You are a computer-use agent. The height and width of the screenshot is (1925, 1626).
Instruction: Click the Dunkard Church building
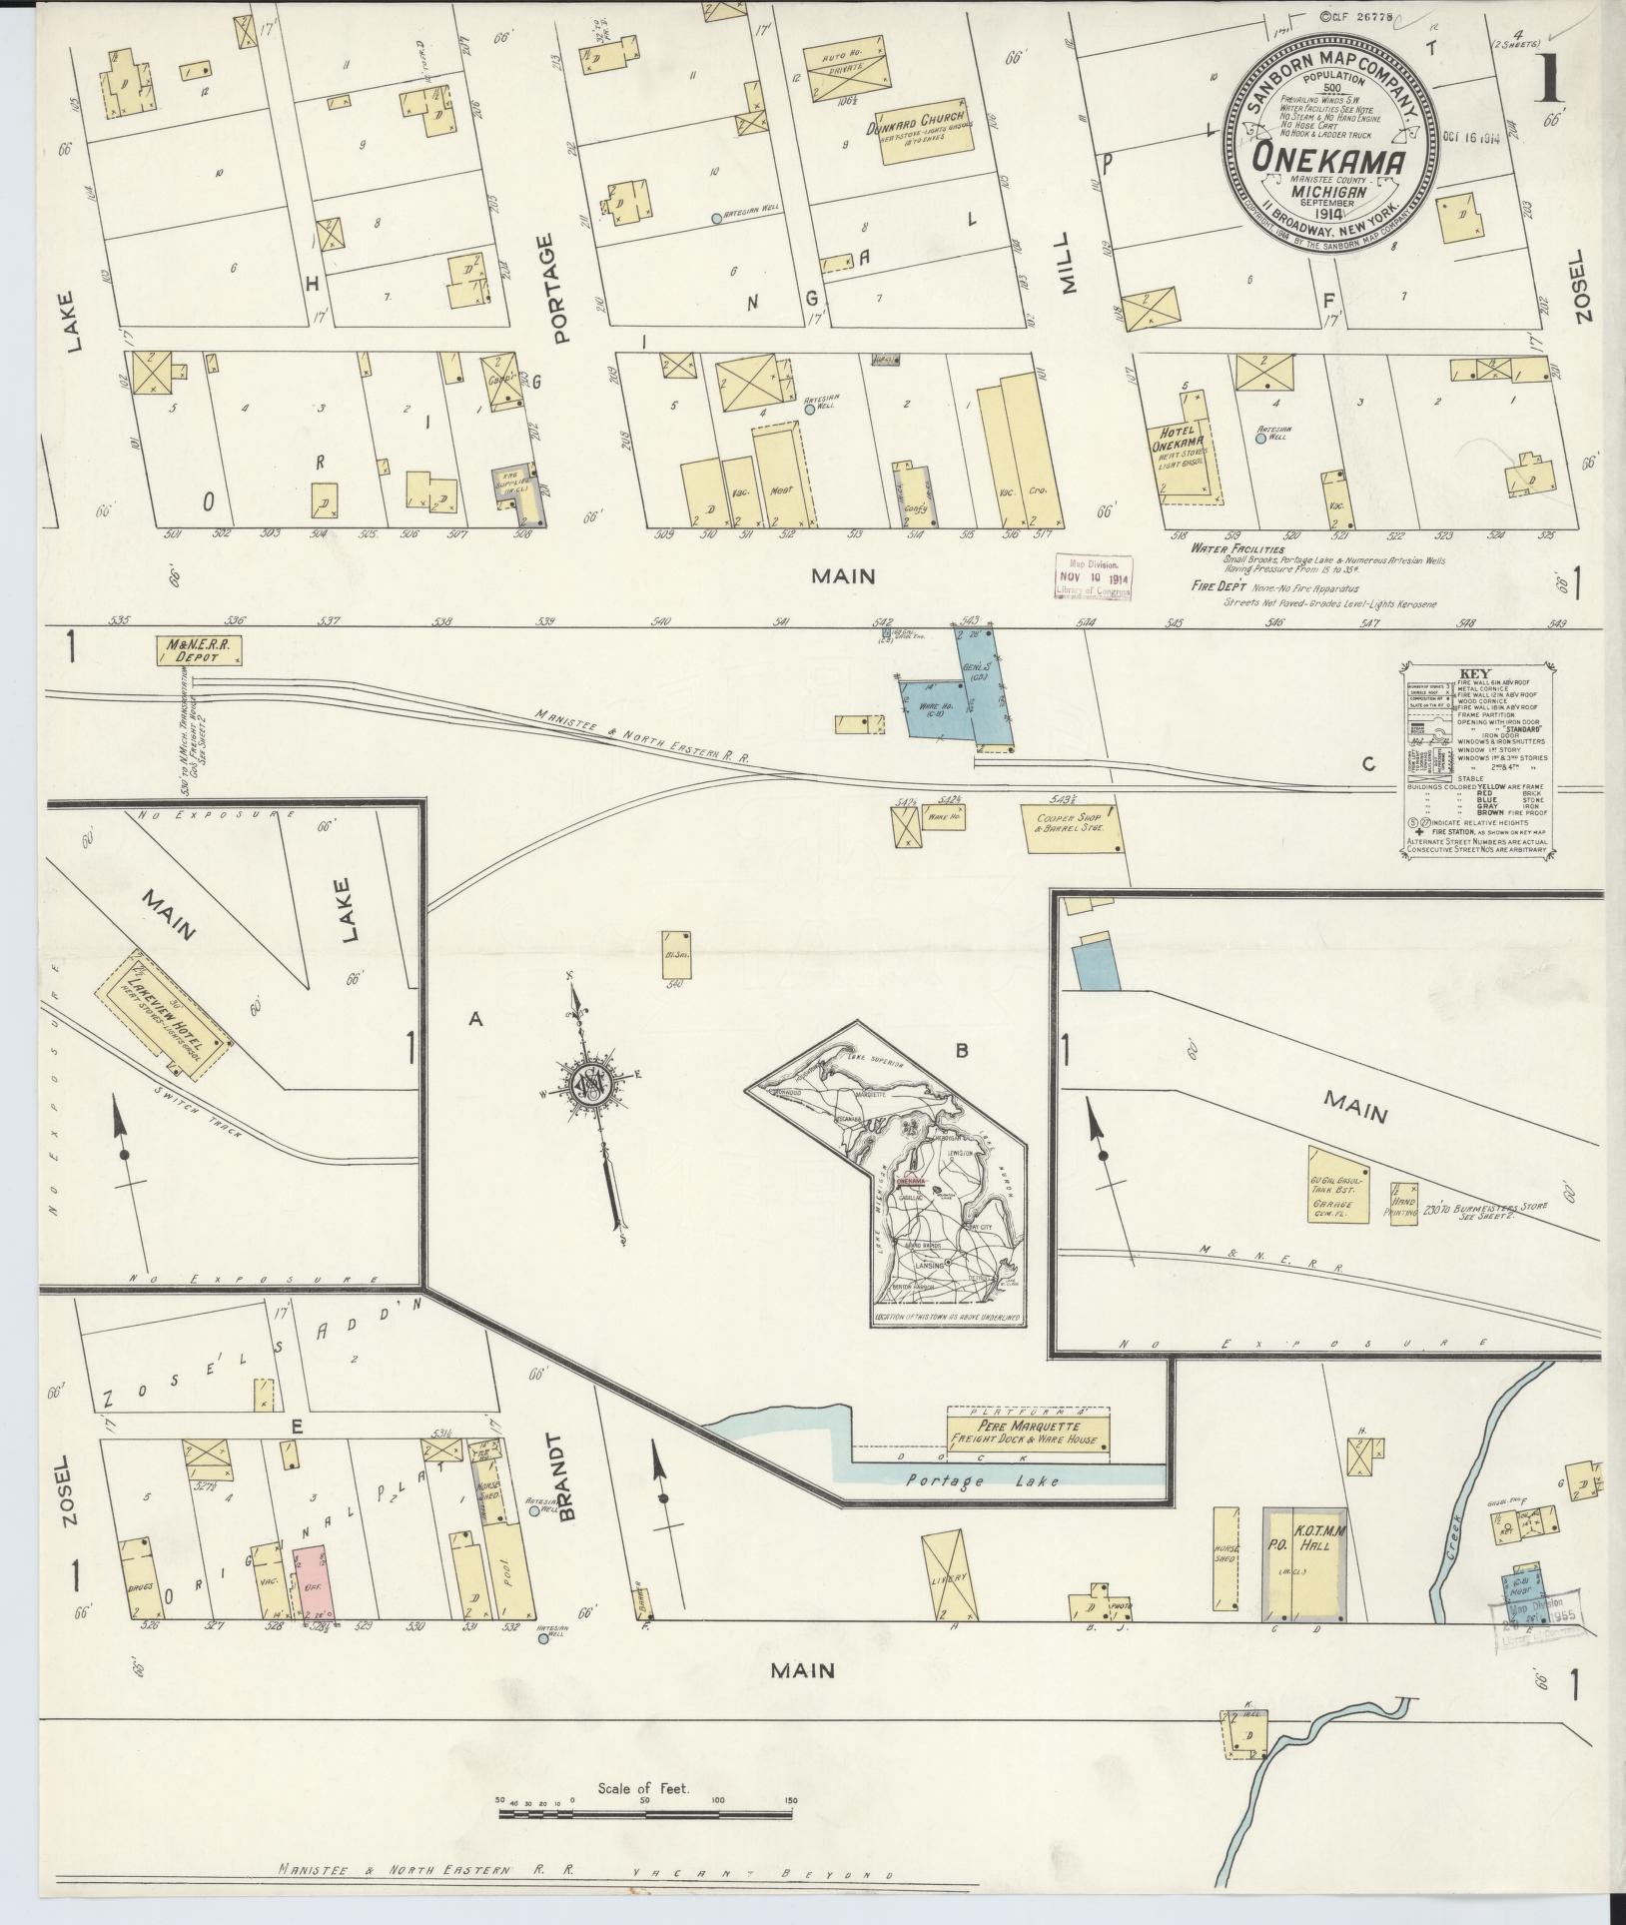925,125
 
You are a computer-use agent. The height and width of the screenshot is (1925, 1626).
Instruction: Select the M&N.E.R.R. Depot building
199,651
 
